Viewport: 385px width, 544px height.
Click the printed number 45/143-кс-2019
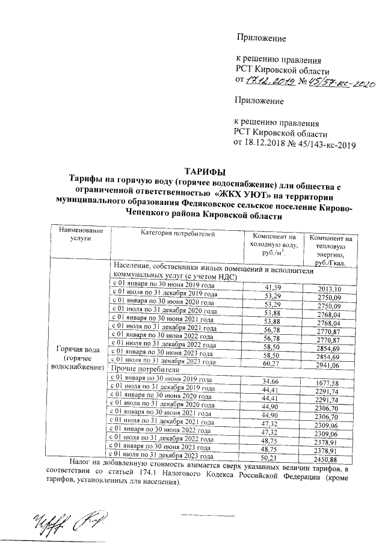coord(328,144)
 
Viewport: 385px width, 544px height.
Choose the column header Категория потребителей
coord(174,234)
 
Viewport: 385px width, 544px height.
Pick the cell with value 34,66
coord(273,382)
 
